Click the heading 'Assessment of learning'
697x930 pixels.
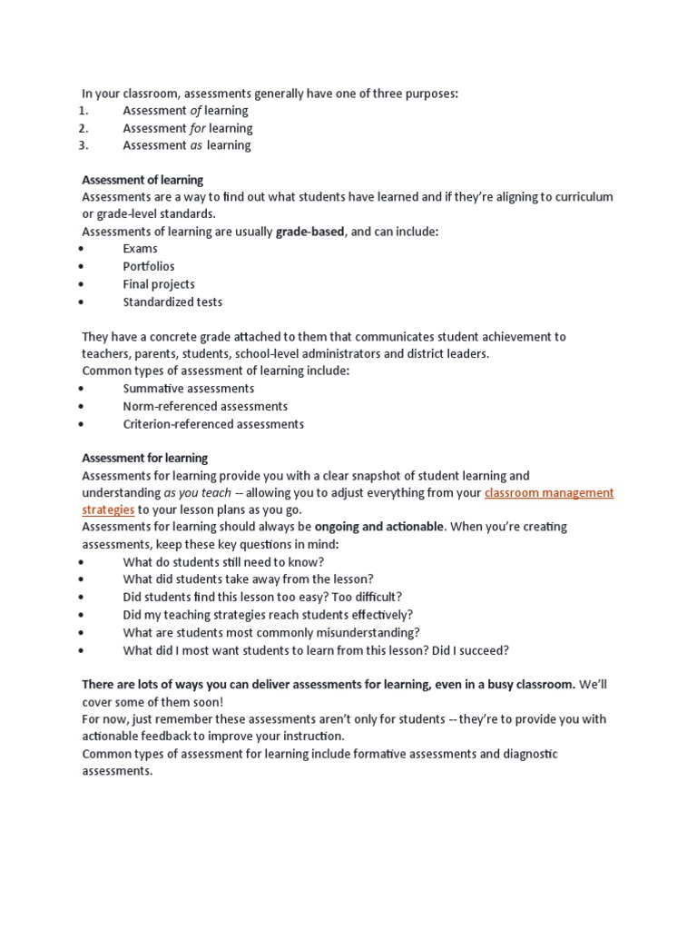142,180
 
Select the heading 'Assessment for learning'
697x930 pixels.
144,458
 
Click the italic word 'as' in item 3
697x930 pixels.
196,145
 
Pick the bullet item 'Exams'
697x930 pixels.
140,249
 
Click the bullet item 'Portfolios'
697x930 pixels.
149,267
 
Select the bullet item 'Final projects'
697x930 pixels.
159,284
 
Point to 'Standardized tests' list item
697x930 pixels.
172,302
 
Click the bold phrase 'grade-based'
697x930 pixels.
309,232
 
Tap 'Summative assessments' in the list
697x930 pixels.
189,389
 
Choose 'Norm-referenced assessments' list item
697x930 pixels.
205,406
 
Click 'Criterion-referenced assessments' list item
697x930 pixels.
213,424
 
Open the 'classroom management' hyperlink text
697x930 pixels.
549,493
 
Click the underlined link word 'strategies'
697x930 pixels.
108,510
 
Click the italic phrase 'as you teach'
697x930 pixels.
197,493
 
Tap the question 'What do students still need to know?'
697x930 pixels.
223,562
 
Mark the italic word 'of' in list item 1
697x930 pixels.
195,111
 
